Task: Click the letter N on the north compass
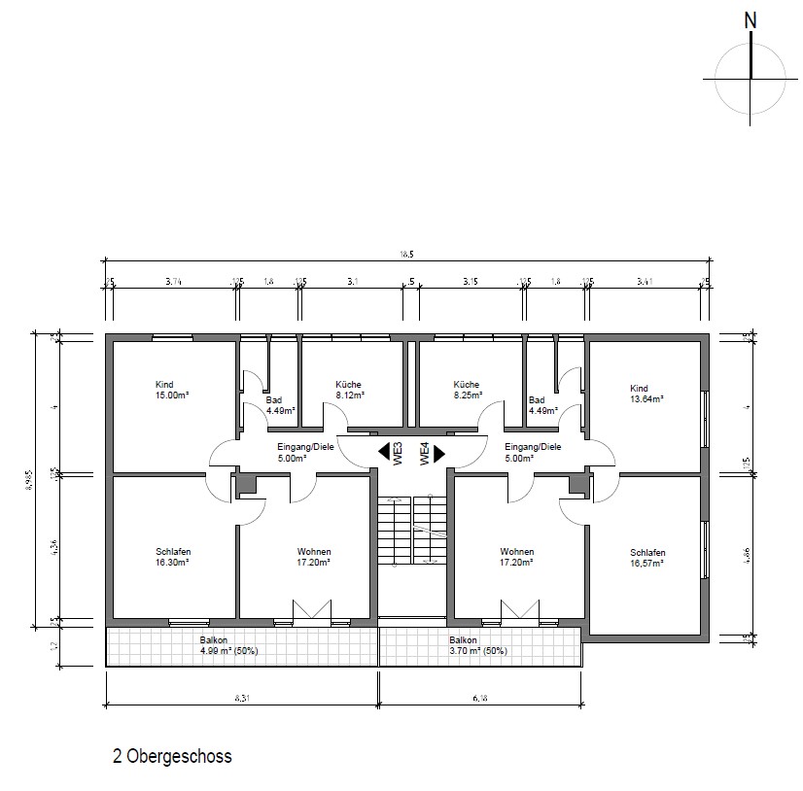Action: (x=749, y=19)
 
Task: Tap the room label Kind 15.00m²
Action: (x=171, y=390)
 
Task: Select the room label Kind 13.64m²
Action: (x=646, y=393)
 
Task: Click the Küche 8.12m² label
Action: (x=349, y=390)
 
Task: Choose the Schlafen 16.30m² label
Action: (x=171, y=556)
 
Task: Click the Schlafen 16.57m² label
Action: (x=646, y=557)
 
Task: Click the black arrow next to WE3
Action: (x=383, y=452)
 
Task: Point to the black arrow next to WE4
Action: (x=438, y=452)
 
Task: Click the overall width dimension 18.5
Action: (x=405, y=254)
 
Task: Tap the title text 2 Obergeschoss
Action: (x=172, y=756)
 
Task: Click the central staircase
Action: (x=412, y=531)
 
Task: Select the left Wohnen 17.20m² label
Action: (x=314, y=556)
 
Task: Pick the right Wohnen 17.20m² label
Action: (x=516, y=556)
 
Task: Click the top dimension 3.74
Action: (x=173, y=282)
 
